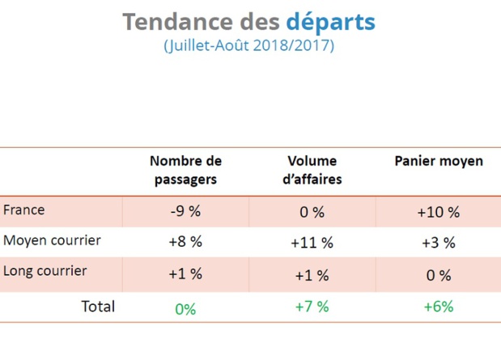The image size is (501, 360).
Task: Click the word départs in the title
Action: (x=330, y=21)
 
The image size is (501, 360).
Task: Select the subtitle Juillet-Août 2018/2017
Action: (x=248, y=46)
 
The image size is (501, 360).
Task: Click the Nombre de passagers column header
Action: (x=185, y=170)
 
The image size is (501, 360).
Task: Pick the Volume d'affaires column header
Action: (x=312, y=170)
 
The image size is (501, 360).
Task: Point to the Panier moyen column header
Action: (x=438, y=161)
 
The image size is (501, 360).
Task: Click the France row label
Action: (x=24, y=210)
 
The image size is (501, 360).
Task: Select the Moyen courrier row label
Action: (x=53, y=241)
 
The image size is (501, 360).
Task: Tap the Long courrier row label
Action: (x=45, y=272)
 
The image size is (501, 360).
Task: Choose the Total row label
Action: (x=98, y=307)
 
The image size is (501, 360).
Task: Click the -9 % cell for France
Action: (x=185, y=212)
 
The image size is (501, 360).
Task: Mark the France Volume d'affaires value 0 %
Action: (x=312, y=212)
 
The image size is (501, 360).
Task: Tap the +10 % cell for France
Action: (x=438, y=212)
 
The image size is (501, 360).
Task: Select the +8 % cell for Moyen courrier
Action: (x=185, y=242)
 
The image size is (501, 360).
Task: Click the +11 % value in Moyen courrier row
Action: (x=312, y=242)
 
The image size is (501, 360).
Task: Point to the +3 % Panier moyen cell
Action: (x=438, y=242)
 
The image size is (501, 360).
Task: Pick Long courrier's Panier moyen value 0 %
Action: (x=438, y=275)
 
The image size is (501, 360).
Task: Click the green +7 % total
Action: (x=312, y=307)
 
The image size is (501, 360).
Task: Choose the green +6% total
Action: (x=438, y=307)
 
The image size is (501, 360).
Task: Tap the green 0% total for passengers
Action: (x=185, y=309)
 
